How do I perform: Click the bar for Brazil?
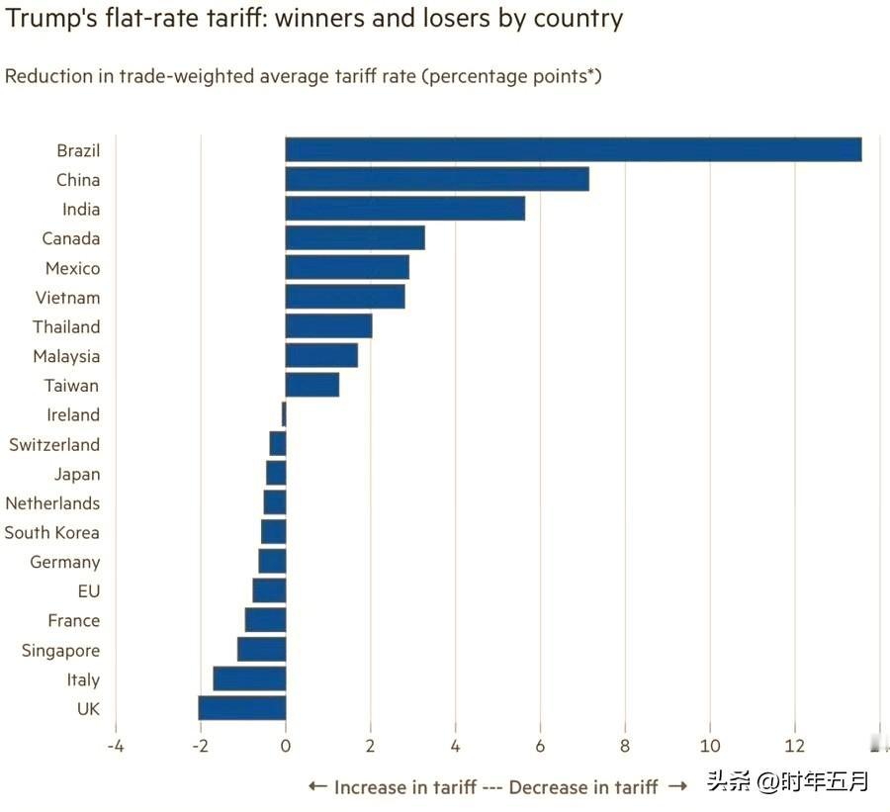click(x=573, y=149)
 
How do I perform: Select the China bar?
click(x=437, y=179)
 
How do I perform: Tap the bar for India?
click(x=404, y=209)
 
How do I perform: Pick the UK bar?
click(x=241, y=708)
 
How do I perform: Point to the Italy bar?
click(x=249, y=678)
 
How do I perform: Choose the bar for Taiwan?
click(x=311, y=385)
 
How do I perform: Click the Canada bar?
click(x=354, y=238)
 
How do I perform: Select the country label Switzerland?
click(x=54, y=444)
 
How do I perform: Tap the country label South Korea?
click(x=51, y=532)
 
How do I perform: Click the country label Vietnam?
click(x=67, y=298)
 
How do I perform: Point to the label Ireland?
click(x=73, y=414)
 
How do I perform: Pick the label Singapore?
click(x=60, y=650)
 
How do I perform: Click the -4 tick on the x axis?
click(x=115, y=746)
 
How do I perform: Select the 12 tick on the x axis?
click(x=794, y=746)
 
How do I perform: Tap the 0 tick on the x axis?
click(x=285, y=746)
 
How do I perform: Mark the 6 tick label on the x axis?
click(x=540, y=746)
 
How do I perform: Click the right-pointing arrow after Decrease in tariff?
click(x=677, y=786)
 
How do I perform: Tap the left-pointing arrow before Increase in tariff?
click(x=317, y=786)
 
